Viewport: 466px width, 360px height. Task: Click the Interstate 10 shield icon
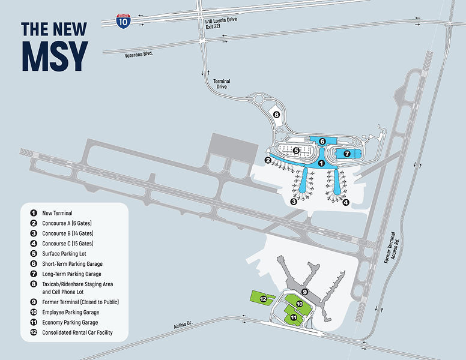point(123,21)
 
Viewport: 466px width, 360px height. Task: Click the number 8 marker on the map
point(276,115)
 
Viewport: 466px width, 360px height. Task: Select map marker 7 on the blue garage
point(346,154)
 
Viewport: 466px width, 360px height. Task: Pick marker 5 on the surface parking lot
point(296,151)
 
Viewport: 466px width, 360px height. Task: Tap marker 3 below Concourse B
point(294,202)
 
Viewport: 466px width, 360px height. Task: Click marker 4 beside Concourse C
point(346,202)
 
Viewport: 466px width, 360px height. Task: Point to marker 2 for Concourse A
point(268,160)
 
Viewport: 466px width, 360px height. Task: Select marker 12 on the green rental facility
point(263,298)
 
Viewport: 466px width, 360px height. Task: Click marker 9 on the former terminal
point(304,292)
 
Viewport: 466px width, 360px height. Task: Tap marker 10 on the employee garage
point(298,305)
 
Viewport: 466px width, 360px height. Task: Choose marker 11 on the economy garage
point(294,317)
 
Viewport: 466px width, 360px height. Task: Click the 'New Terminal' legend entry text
point(57,213)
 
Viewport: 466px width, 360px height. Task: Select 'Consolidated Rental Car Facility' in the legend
point(77,332)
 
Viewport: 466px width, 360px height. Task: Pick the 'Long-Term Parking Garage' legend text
point(71,274)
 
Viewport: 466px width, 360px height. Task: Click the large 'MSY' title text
point(55,57)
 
